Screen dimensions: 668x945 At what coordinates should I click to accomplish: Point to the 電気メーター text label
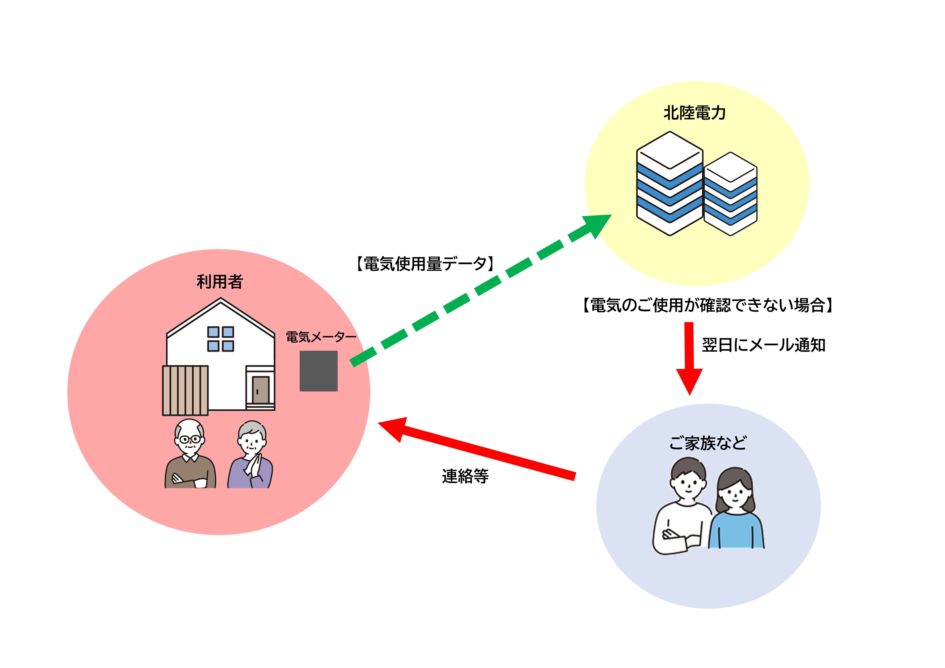coord(321,337)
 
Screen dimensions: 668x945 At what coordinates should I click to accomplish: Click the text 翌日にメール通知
coord(763,345)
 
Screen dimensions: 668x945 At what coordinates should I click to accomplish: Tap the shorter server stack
coord(731,194)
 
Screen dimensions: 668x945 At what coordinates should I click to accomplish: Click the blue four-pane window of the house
coord(221,339)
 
